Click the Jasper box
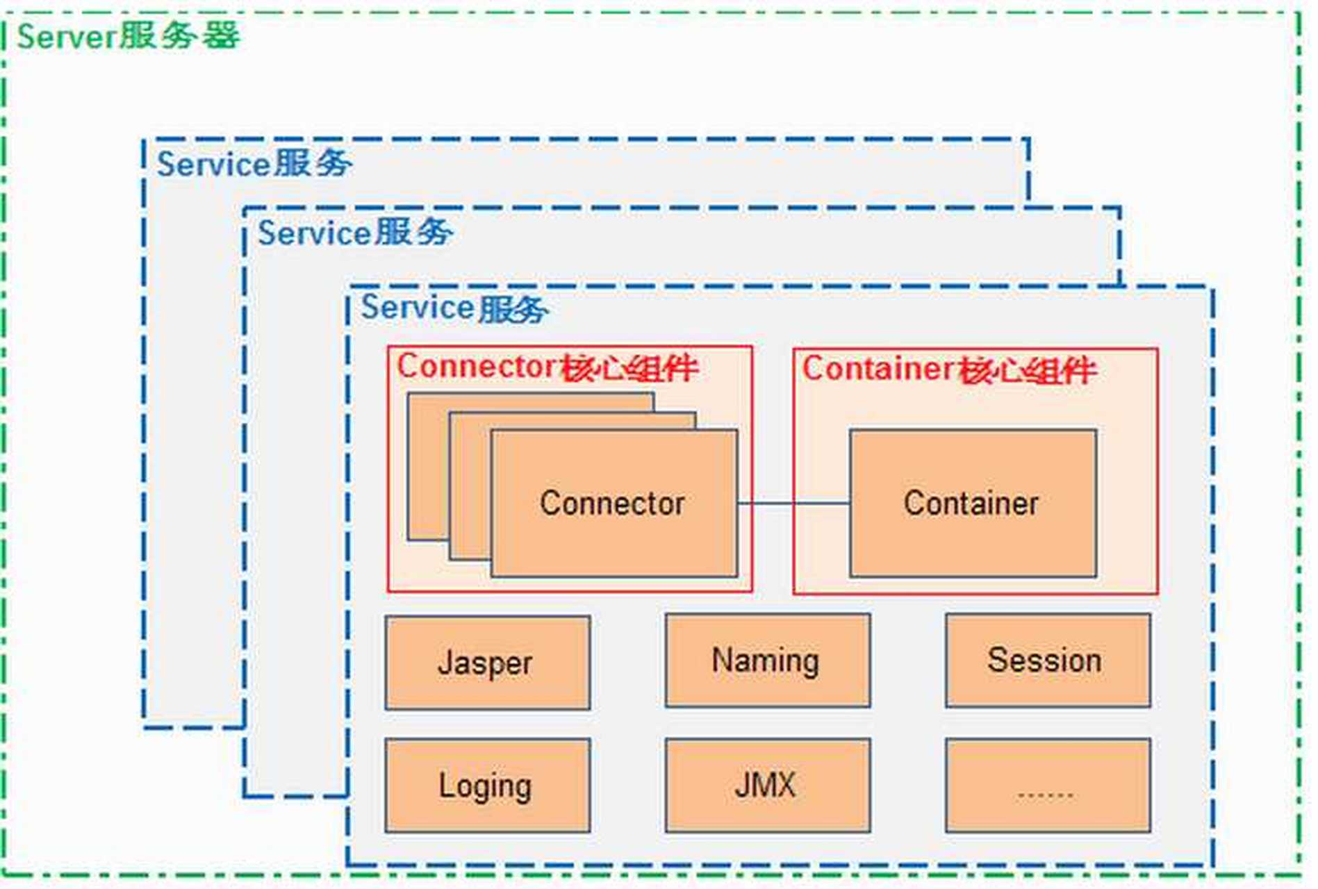(488, 663)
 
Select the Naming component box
(767, 660)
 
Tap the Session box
(1047, 660)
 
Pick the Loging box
(488, 786)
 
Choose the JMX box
(767, 786)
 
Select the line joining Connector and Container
(793, 503)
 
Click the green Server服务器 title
(129, 36)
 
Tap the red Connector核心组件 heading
(547, 367)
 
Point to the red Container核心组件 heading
(949, 369)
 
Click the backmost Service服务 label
(254, 165)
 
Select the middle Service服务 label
(355, 233)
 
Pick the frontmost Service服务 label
(454, 308)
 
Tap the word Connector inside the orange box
(612, 503)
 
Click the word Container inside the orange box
(971, 503)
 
